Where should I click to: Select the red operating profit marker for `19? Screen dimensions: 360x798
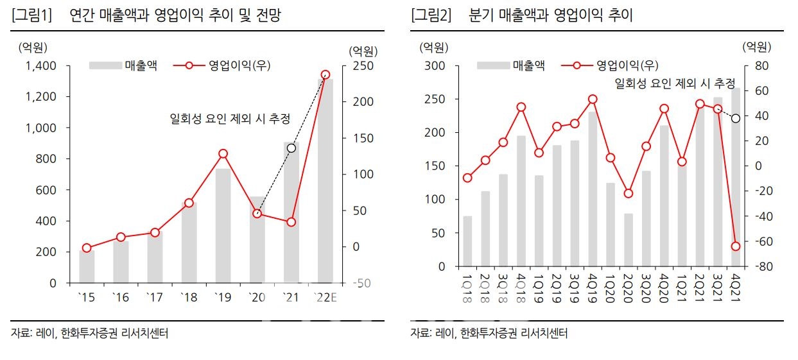(223, 153)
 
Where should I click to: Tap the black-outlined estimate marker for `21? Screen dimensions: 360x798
(291, 148)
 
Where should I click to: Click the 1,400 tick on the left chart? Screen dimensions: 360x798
(42, 66)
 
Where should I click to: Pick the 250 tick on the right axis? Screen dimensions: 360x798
(357, 66)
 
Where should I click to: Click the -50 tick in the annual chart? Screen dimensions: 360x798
(357, 283)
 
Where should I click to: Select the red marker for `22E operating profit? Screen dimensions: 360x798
(325, 75)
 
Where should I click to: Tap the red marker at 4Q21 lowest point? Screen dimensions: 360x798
(736, 246)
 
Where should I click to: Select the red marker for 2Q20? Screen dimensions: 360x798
(629, 193)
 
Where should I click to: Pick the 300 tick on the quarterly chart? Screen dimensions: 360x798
(435, 66)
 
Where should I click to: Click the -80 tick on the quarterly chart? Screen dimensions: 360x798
(753, 266)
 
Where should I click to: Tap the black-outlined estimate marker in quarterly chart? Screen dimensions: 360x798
(736, 118)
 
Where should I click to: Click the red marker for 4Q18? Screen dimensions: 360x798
(521, 107)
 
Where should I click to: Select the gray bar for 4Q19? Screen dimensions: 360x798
(593, 189)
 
